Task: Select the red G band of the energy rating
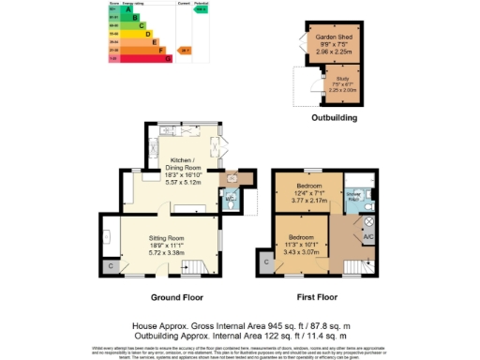(142, 58)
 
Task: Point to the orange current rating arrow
(185, 50)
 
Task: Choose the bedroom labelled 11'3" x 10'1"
(301, 241)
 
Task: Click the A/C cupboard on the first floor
(368, 238)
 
